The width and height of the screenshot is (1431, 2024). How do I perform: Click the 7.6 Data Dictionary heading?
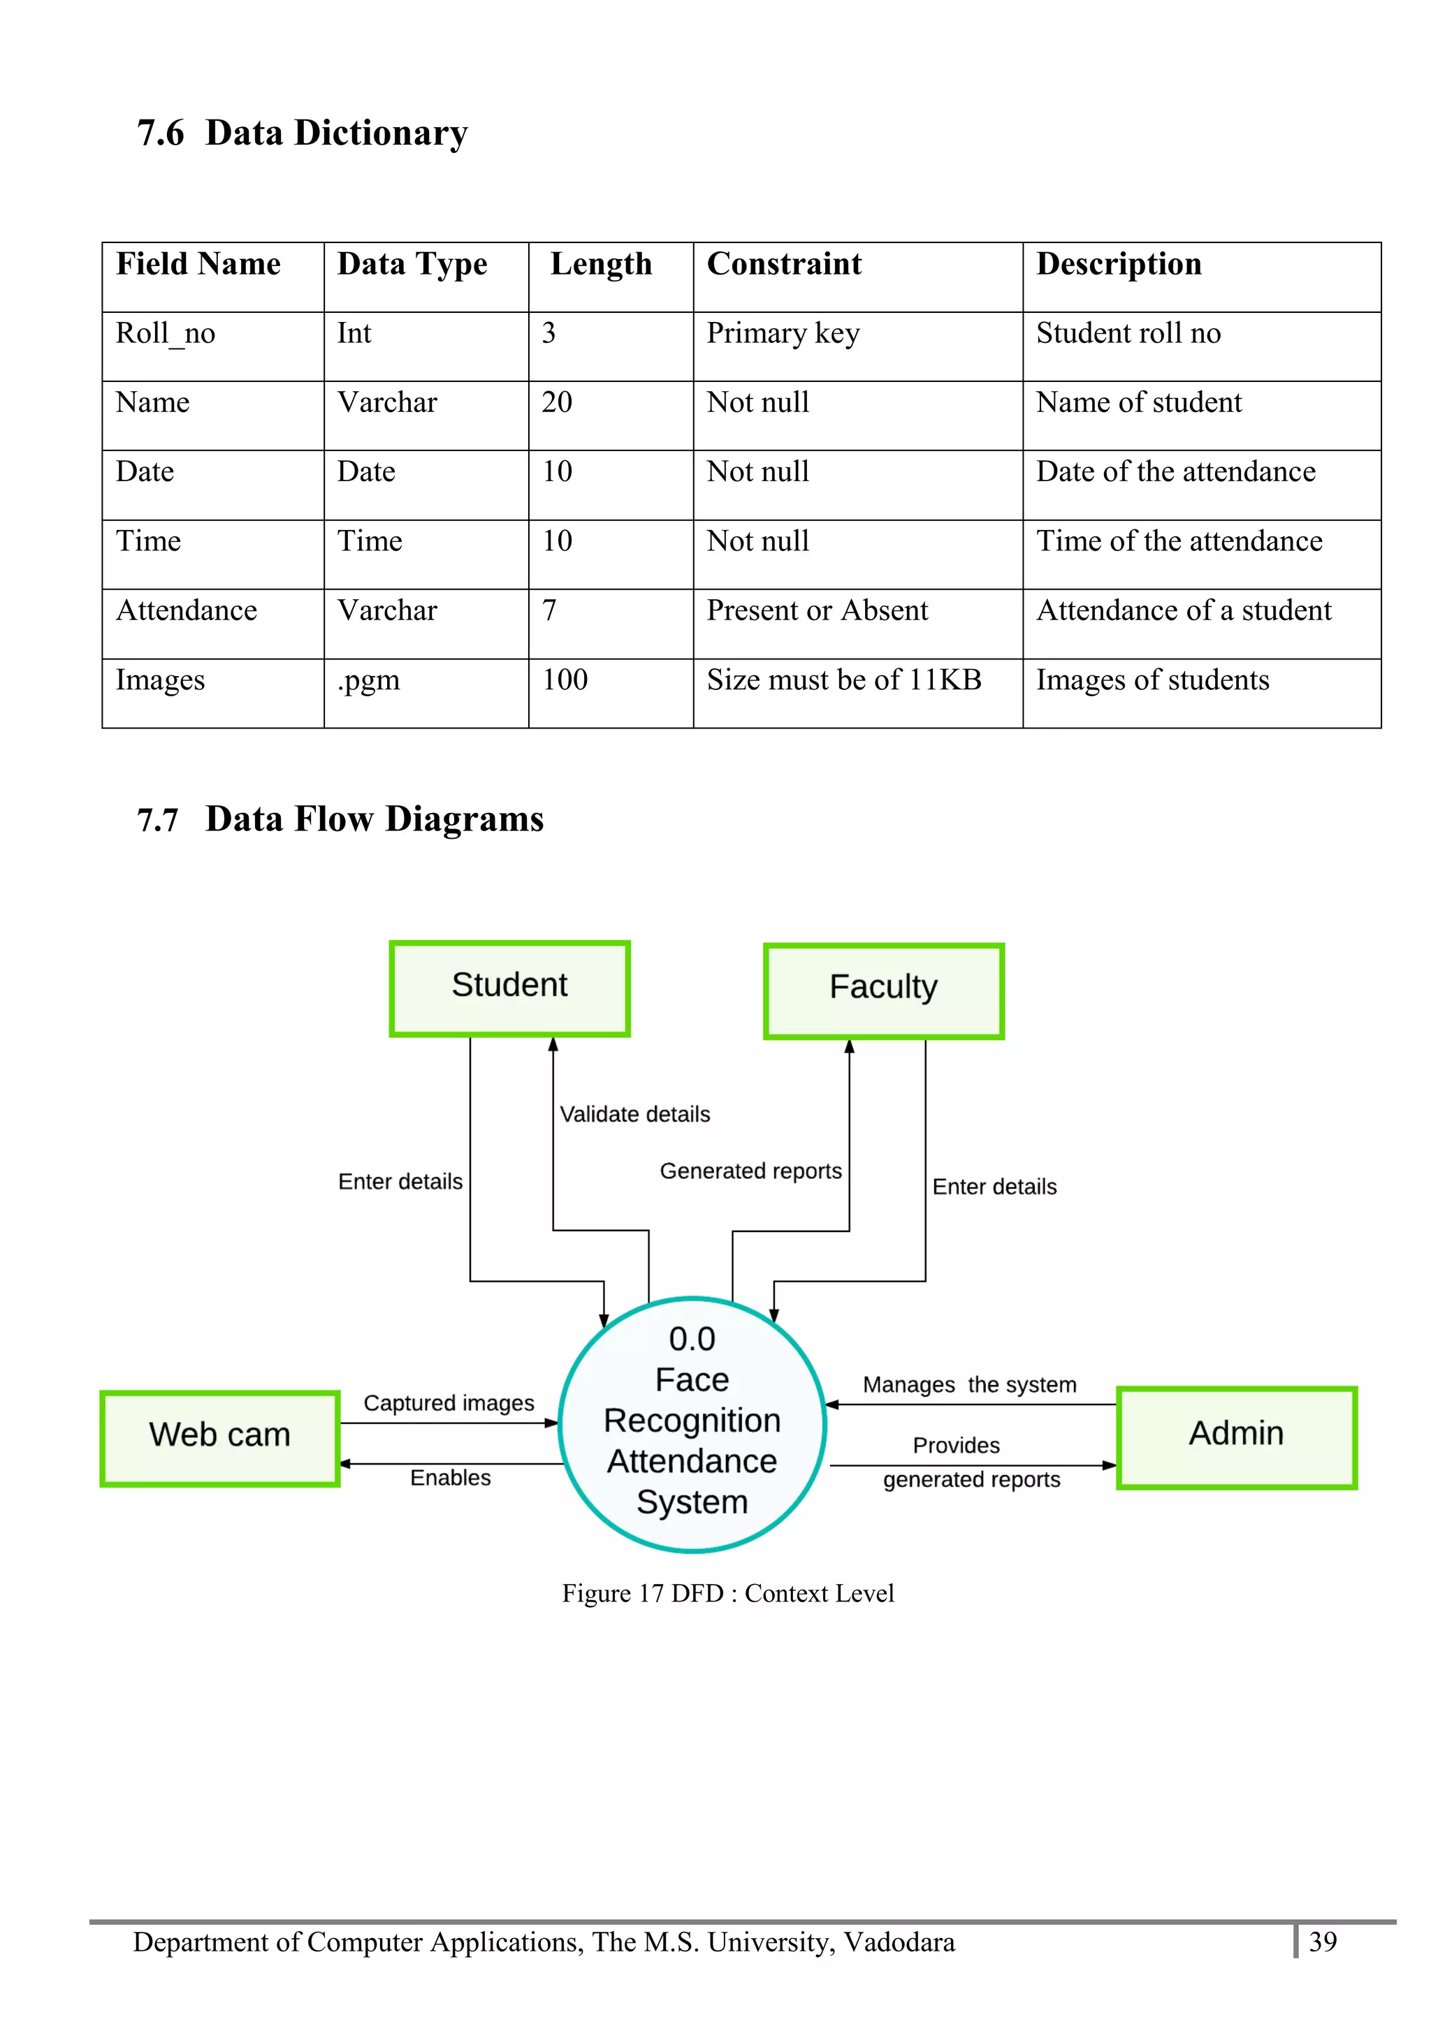(303, 133)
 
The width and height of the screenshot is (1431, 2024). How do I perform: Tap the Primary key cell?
(783, 333)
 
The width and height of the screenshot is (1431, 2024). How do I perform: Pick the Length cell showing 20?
(557, 403)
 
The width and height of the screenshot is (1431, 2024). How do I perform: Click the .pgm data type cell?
(368, 680)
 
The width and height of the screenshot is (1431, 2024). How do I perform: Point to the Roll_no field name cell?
(166, 333)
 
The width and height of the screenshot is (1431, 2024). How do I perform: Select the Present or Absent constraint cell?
(818, 611)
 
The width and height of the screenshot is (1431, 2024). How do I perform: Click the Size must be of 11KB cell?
(844, 680)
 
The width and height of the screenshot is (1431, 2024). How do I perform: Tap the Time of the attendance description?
(1179, 541)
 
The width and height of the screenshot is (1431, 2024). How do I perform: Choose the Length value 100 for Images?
(565, 680)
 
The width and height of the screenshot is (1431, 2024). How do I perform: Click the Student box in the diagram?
(509, 988)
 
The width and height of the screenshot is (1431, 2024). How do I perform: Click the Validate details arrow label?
(635, 1114)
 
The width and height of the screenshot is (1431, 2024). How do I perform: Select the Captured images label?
(449, 1402)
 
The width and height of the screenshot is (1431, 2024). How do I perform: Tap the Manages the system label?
(969, 1385)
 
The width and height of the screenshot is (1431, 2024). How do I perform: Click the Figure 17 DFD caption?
(728, 1593)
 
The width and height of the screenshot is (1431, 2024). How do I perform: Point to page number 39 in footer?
(1323, 1941)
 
